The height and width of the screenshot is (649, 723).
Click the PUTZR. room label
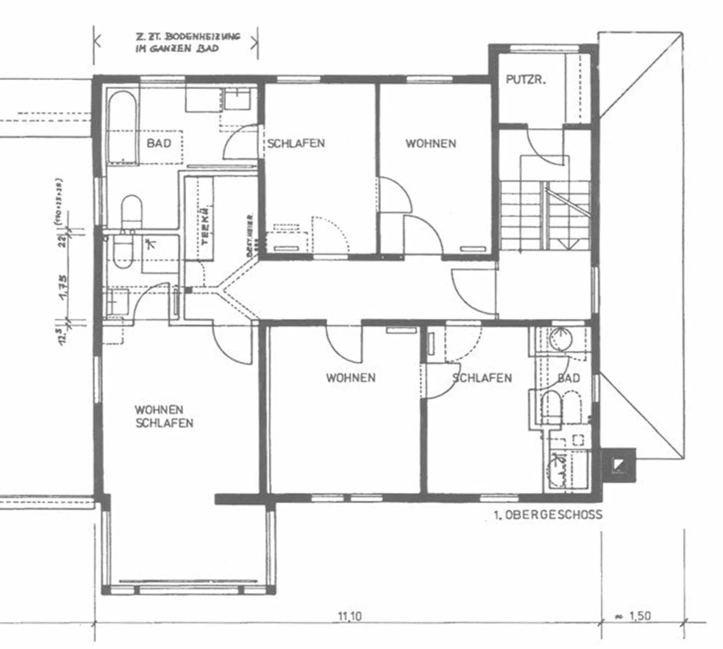click(x=525, y=79)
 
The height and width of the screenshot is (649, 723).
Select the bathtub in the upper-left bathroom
click(x=122, y=128)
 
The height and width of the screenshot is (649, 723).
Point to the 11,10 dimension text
click(x=350, y=616)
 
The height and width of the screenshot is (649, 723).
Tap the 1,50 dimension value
click(x=640, y=616)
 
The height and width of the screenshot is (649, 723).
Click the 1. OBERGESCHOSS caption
click(x=548, y=515)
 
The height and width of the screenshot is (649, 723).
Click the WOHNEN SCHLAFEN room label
click(x=164, y=416)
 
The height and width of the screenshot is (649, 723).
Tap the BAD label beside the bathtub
click(x=159, y=143)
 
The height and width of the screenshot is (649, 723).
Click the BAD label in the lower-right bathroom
click(x=568, y=378)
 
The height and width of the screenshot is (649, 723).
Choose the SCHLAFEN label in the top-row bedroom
click(x=296, y=144)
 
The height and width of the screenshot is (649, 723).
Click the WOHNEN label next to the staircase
click(x=431, y=144)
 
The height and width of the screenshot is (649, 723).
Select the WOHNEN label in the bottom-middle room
click(x=350, y=378)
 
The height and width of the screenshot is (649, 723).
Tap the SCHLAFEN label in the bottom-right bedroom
click(x=482, y=378)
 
